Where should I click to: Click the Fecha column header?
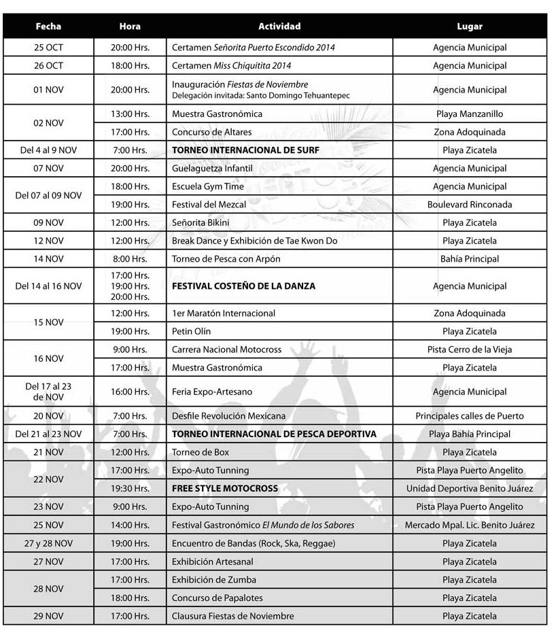(48, 27)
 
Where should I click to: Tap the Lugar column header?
(470, 27)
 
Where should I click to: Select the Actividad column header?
(279, 27)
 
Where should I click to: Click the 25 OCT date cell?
(48, 48)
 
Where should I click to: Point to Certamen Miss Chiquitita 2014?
(232, 66)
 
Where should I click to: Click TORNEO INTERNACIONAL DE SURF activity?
(245, 150)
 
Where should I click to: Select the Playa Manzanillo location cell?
(470, 114)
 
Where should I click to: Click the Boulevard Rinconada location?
(470, 205)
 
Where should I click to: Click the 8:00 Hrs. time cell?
(130, 259)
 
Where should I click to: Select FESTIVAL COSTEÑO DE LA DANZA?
(243, 286)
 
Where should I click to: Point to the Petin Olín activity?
(192, 332)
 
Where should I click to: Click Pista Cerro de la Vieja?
(470, 349)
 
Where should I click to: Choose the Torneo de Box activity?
(201, 452)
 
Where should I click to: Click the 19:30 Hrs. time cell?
(130, 489)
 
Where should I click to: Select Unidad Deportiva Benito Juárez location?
(470, 489)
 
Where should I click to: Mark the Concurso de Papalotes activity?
(218, 598)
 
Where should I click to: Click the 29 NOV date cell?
(48, 616)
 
